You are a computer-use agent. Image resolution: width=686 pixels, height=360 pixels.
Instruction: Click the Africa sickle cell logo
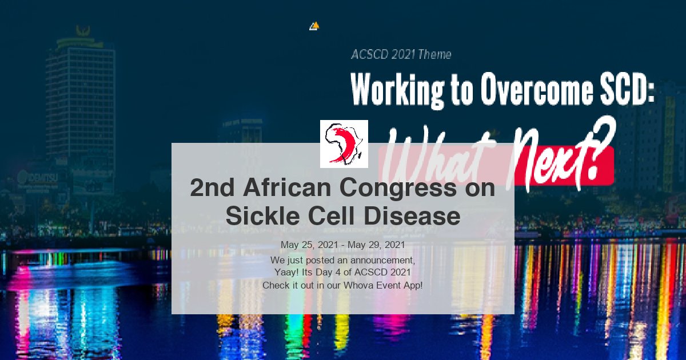[344, 144]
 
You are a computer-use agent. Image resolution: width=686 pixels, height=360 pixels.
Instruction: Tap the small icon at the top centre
[314, 26]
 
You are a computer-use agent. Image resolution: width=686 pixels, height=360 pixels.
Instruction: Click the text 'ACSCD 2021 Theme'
[401, 55]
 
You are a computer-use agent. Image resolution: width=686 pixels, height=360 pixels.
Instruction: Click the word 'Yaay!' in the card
[286, 272]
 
